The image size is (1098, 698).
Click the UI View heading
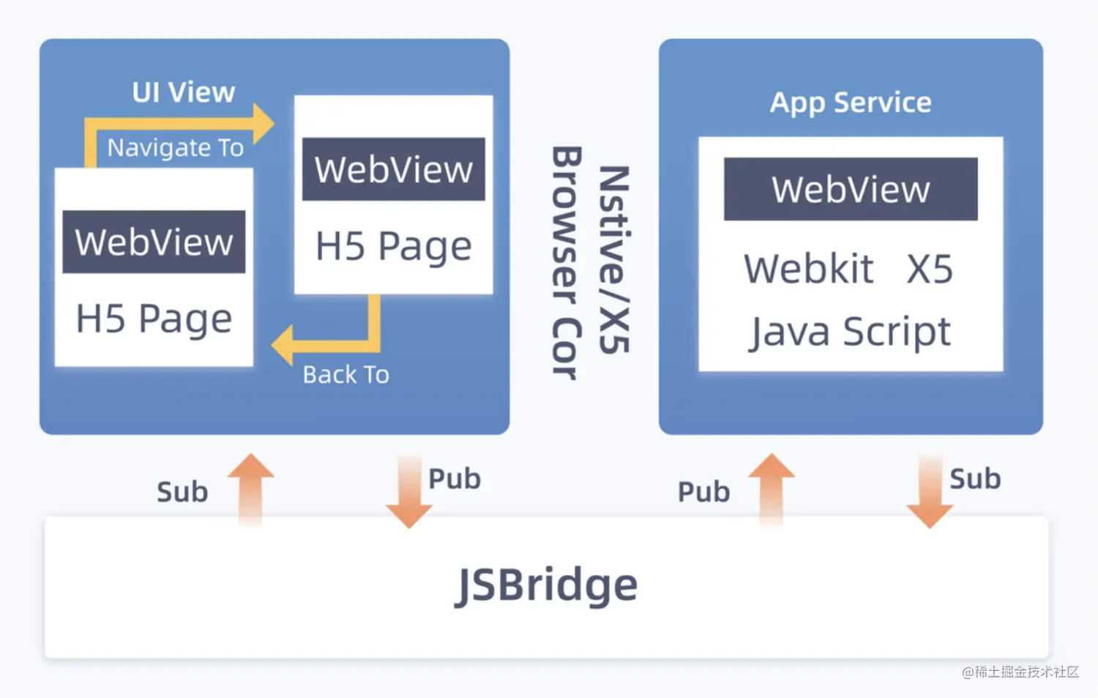click(x=183, y=92)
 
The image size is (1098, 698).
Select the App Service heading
click(x=851, y=103)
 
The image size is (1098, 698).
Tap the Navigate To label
click(x=175, y=148)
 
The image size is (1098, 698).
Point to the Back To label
click(x=346, y=375)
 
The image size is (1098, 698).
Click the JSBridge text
click(x=546, y=585)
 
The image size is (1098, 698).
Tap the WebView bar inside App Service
click(x=851, y=189)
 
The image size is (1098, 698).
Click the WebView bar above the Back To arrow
click(x=393, y=169)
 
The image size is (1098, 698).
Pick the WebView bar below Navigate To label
click(x=154, y=242)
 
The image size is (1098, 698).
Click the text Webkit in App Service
click(x=809, y=269)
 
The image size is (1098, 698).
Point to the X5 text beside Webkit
click(x=930, y=269)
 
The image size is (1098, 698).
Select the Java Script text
click(x=850, y=332)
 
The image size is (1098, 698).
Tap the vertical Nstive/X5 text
click(x=613, y=260)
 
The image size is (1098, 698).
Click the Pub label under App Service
click(x=703, y=492)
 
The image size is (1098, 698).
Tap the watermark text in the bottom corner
click(x=1020, y=672)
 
